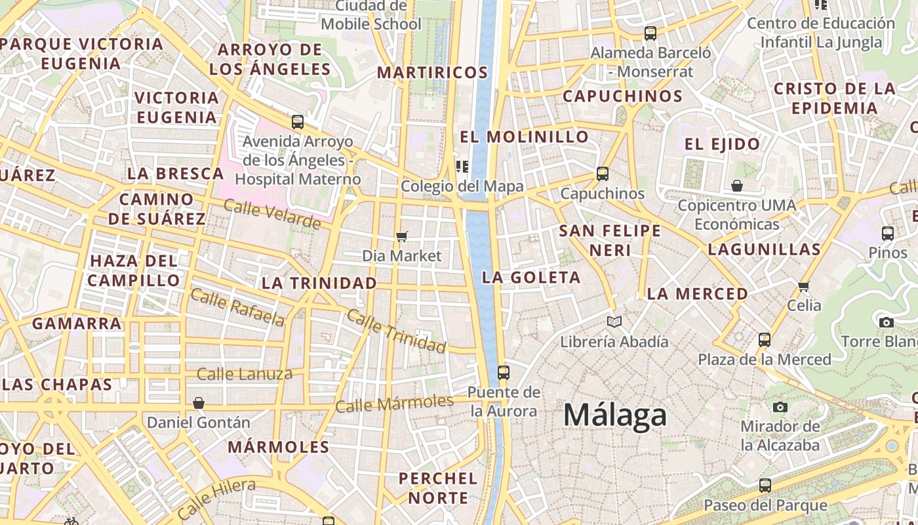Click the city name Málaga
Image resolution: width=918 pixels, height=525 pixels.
[614, 415]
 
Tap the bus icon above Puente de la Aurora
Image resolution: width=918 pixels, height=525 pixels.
[503, 373]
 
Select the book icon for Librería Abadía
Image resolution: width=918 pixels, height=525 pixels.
[614, 322]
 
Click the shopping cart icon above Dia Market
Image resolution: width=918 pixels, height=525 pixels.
[402, 236]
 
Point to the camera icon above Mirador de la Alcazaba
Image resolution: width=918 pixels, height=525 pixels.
[780, 407]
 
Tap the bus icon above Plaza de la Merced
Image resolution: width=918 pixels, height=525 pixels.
[764, 340]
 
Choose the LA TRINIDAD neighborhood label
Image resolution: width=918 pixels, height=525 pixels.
[319, 283]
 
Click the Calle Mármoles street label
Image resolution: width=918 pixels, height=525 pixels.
[394, 403]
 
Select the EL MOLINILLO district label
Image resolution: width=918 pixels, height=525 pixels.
[524, 137]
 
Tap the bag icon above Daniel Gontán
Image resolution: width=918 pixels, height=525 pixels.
[198, 402]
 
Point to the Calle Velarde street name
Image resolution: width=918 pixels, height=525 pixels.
[272, 214]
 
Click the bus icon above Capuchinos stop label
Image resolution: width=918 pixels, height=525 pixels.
[602, 174]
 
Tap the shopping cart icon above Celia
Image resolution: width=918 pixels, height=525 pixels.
[804, 286]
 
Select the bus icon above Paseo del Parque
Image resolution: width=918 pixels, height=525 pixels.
[765, 486]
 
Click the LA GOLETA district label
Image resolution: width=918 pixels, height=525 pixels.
[531, 278]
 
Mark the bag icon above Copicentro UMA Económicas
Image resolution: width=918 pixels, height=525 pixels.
[736, 186]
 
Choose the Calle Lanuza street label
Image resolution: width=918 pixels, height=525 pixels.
[245, 374]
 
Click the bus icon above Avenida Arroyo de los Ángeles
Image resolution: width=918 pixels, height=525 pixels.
[297, 121]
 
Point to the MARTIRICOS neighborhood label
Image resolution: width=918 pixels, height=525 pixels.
[432, 72]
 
